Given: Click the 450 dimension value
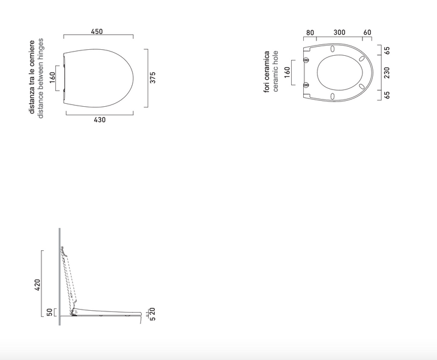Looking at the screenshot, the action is click(97, 31).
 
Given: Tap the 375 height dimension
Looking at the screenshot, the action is click(152, 77).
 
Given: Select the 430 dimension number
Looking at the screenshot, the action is click(100, 120).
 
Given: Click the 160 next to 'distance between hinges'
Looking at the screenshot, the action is click(52, 78).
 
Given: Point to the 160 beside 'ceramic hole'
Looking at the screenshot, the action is click(287, 73).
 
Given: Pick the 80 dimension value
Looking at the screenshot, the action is click(310, 33).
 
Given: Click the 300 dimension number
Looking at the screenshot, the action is click(340, 32).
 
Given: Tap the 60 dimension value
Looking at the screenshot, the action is click(367, 32).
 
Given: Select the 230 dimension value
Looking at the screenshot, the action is click(387, 73).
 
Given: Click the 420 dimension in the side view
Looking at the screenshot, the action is click(37, 285).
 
